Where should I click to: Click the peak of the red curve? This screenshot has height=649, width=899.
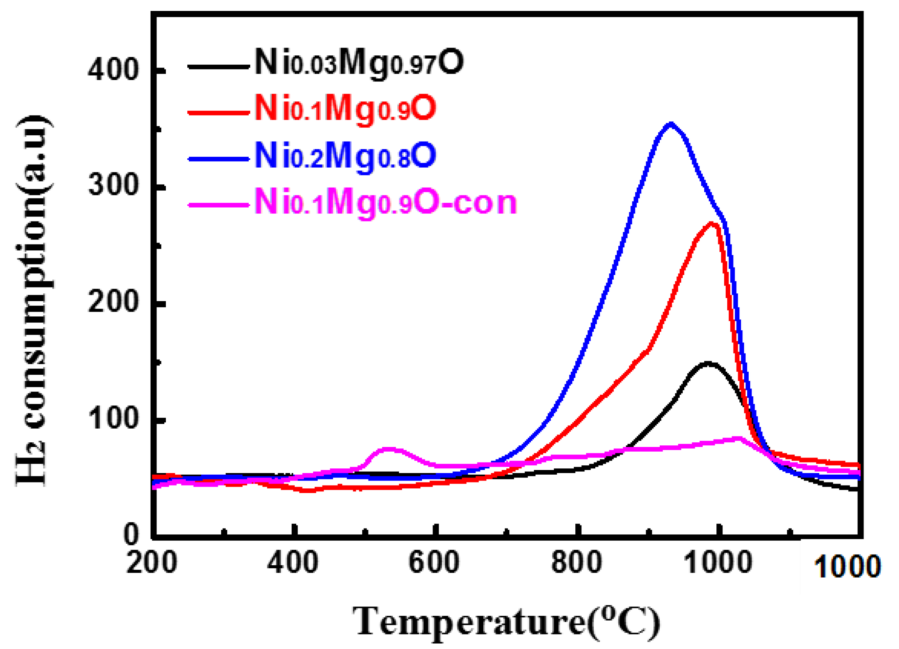tap(712, 224)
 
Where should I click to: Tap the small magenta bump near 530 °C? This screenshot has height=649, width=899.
tap(389, 450)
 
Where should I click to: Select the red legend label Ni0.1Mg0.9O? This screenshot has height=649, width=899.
tap(345, 110)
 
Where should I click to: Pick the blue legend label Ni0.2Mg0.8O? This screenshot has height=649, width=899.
tap(345, 157)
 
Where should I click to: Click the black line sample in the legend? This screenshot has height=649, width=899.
tap(219, 67)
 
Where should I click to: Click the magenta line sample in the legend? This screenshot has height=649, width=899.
tap(219, 205)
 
